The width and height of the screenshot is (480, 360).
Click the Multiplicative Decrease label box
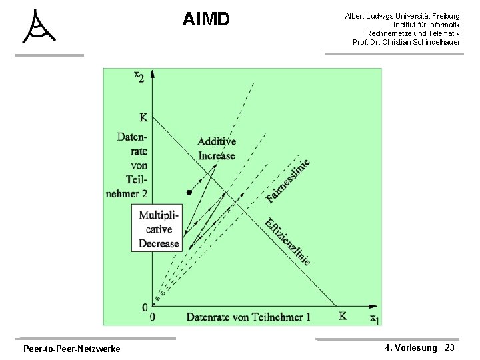tap(159, 229)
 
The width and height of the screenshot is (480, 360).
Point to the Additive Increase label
tap(217, 149)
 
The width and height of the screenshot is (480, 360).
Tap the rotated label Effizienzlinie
tap(287, 241)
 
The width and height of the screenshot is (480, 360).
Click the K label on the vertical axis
tap(143, 119)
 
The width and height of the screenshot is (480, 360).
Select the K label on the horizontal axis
tap(342, 316)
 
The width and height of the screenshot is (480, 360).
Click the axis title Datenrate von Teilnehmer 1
tap(249, 317)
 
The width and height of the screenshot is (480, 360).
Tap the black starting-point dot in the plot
tap(189, 193)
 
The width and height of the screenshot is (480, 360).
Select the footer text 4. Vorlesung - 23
tap(421, 347)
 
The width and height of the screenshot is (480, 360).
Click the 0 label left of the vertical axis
tap(144, 307)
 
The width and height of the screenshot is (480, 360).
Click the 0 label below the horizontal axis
tap(153, 317)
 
